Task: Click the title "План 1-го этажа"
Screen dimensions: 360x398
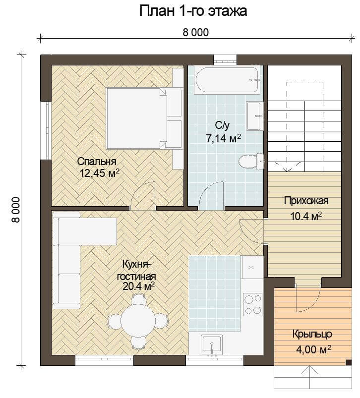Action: click(193, 11)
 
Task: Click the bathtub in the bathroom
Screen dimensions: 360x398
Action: click(227, 80)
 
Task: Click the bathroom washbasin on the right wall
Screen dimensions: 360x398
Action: click(255, 116)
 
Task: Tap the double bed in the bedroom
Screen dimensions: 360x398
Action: click(144, 118)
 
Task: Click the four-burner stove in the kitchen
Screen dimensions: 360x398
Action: click(252, 304)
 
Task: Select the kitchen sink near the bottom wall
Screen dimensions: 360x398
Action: click(212, 344)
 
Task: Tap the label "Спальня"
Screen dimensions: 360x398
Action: click(97, 162)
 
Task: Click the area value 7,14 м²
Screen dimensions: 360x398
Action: click(224, 139)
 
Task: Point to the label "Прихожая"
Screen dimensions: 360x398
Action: click(306, 201)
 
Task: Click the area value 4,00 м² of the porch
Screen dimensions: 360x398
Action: click(313, 349)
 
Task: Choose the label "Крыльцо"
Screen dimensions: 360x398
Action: click(312, 334)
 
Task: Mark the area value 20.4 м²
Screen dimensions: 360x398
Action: click(139, 286)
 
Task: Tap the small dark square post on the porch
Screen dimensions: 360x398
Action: click(349, 362)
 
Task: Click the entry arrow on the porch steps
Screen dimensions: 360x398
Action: click(310, 378)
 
